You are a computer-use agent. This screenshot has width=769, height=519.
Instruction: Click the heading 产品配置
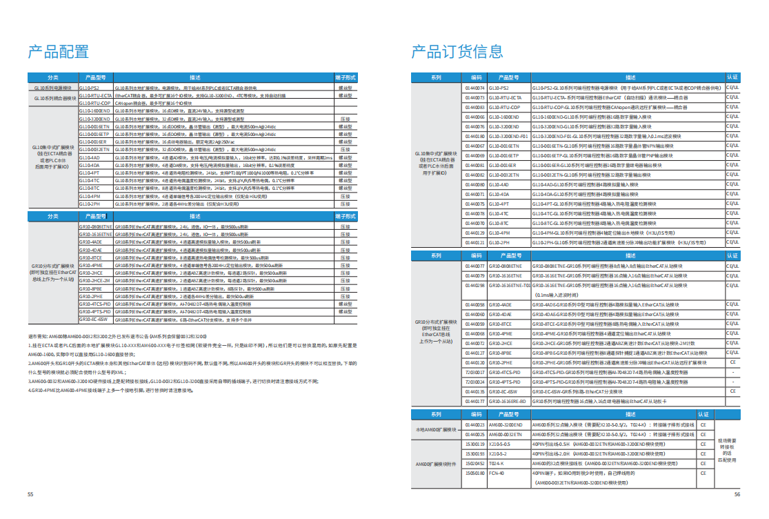58,51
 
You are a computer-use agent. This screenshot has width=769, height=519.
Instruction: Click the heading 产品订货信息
457,51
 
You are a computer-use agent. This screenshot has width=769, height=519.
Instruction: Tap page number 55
30,494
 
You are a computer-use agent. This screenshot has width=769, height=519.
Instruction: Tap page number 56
737,494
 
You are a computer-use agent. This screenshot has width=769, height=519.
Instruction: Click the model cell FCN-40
497,474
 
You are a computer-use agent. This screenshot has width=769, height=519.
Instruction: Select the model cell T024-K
498,464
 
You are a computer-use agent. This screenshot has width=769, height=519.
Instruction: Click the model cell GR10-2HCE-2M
94,282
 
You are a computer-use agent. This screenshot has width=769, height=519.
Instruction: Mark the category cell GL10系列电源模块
52,88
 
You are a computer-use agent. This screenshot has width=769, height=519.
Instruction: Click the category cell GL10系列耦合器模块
52,98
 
